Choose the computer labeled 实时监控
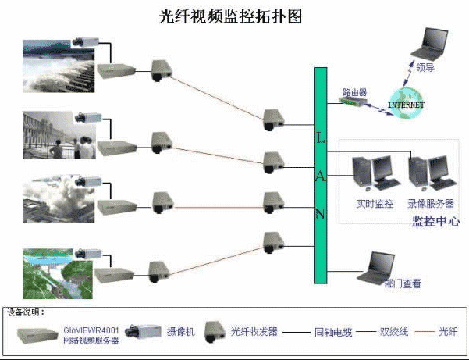(x=370, y=176)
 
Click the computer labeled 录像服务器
(x=426, y=176)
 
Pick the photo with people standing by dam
(x=55, y=134)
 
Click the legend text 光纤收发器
(x=254, y=331)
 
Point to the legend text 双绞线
(x=398, y=331)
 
